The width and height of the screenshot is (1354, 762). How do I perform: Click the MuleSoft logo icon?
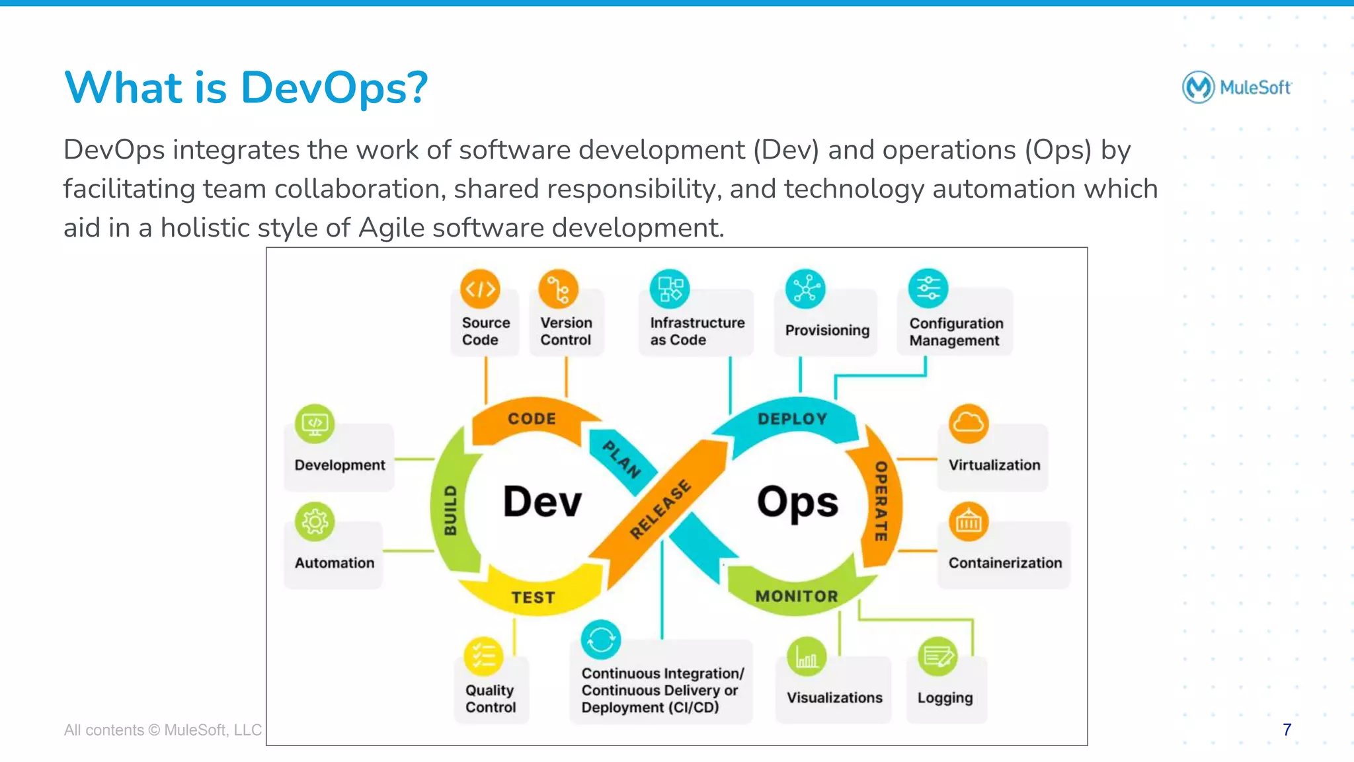pos(1198,87)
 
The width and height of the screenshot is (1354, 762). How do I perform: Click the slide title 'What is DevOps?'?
pos(246,88)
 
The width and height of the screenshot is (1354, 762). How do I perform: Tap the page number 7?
pos(1287,730)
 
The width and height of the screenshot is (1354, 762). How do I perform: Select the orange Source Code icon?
pos(480,289)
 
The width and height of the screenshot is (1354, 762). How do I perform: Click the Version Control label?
pos(566,331)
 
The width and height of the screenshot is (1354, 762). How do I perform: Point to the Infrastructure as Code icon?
pos(670,289)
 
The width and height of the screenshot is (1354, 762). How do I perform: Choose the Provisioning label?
pos(826,330)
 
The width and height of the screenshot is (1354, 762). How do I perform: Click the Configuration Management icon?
pos(928,288)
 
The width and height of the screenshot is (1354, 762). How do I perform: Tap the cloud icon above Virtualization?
pos(969,423)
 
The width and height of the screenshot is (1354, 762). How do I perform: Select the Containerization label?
pos(1005,562)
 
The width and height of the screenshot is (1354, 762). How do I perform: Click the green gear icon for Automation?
pos(315,522)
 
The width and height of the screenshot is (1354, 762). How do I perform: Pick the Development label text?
pos(340,465)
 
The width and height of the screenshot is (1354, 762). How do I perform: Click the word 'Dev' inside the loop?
pos(542,502)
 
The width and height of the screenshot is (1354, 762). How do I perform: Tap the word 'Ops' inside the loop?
pos(797,502)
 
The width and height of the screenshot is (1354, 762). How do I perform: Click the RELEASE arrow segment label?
pos(660,509)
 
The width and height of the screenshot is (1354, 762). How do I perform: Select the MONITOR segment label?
pos(797,596)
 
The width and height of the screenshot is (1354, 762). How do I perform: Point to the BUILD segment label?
pos(450,510)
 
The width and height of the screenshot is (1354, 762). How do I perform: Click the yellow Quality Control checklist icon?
pos(483,656)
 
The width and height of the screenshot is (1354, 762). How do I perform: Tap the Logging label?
pos(945,698)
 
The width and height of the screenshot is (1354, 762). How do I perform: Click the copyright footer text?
pos(163,730)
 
